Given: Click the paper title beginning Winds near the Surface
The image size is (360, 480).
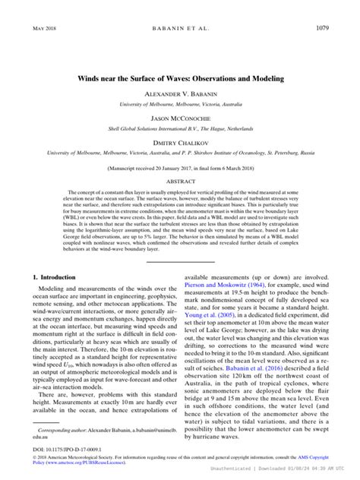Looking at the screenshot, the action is point(180,78).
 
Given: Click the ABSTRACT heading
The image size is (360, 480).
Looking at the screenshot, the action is point(180,183).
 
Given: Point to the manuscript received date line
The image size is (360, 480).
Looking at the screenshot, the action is point(180,169).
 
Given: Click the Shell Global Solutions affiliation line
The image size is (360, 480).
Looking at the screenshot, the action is point(180,130).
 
